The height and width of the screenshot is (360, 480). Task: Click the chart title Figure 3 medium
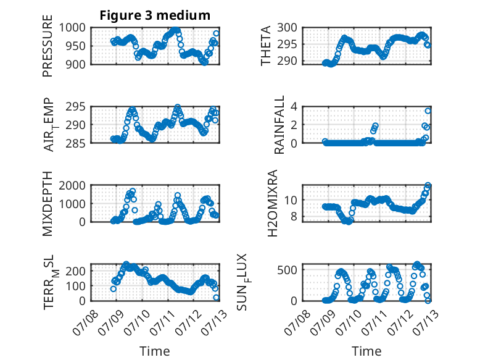point(155,15)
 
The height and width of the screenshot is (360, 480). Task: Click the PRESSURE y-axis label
point(48,46)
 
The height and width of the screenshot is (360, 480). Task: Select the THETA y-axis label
point(266,46)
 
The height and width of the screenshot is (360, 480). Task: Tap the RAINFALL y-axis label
point(279,125)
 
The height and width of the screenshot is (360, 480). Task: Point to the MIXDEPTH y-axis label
point(48,204)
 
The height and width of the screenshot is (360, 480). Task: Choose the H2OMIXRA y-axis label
point(273,203)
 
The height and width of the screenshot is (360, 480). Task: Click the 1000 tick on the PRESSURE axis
point(72,28)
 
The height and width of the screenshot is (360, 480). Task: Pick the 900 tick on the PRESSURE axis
point(76,64)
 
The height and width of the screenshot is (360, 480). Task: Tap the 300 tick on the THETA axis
point(287,28)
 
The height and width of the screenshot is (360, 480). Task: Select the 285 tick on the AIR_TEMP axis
point(76,143)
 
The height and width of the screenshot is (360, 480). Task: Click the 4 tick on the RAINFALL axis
point(294,107)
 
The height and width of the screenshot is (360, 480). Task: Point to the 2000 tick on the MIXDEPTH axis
point(72,185)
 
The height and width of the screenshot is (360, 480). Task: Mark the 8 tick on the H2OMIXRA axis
point(294,217)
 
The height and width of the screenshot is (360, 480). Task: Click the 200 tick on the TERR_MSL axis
point(76,271)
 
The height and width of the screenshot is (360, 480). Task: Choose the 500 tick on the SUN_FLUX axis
point(287,270)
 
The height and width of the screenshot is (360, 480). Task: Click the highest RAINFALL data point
point(428,111)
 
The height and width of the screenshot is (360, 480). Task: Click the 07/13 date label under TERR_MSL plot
point(214,322)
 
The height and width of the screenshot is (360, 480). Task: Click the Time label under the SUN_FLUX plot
point(366,351)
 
